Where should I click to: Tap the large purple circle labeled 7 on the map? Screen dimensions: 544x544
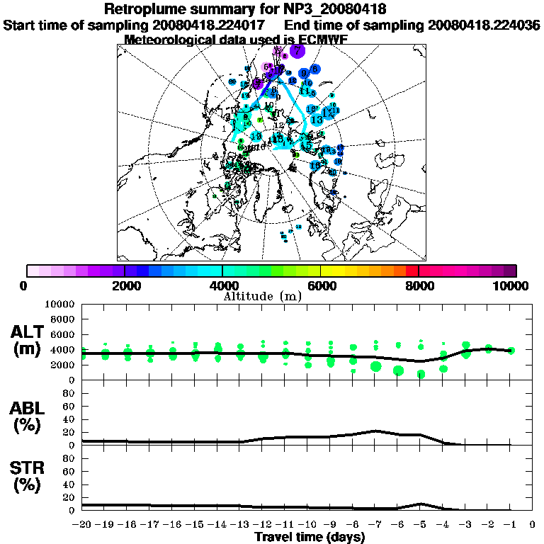297,50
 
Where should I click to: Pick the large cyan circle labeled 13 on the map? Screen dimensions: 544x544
317,120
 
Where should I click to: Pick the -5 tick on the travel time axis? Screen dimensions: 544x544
420,525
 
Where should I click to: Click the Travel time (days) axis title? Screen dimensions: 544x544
310,537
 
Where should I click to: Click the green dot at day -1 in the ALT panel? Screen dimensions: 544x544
511,350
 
